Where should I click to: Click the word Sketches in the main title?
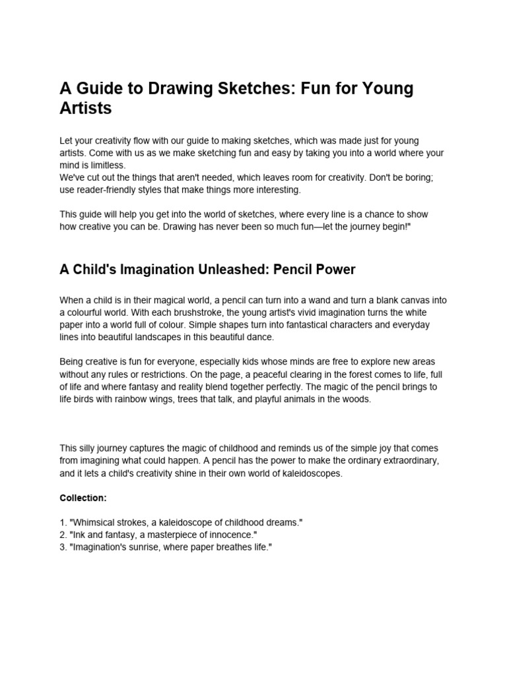[x=243, y=89]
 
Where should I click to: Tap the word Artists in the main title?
[x=86, y=109]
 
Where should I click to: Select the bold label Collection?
[x=83, y=498]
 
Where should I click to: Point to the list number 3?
[x=63, y=547]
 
